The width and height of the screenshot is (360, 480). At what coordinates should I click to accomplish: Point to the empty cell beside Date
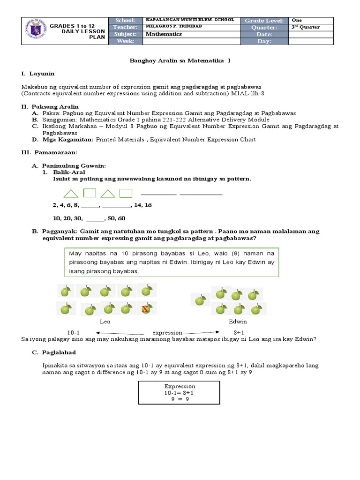311,34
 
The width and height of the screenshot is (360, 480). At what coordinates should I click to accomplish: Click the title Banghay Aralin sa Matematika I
180,60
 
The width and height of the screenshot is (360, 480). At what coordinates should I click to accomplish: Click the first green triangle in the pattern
71,193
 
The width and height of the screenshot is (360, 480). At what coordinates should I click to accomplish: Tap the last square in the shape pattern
126,193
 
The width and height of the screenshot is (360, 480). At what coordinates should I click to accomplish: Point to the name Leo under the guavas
105,322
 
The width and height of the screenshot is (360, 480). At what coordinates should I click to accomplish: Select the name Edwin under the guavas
238,322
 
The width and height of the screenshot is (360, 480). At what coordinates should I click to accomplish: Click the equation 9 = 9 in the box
179,399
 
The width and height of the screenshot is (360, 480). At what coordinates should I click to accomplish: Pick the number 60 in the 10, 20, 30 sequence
121,218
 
